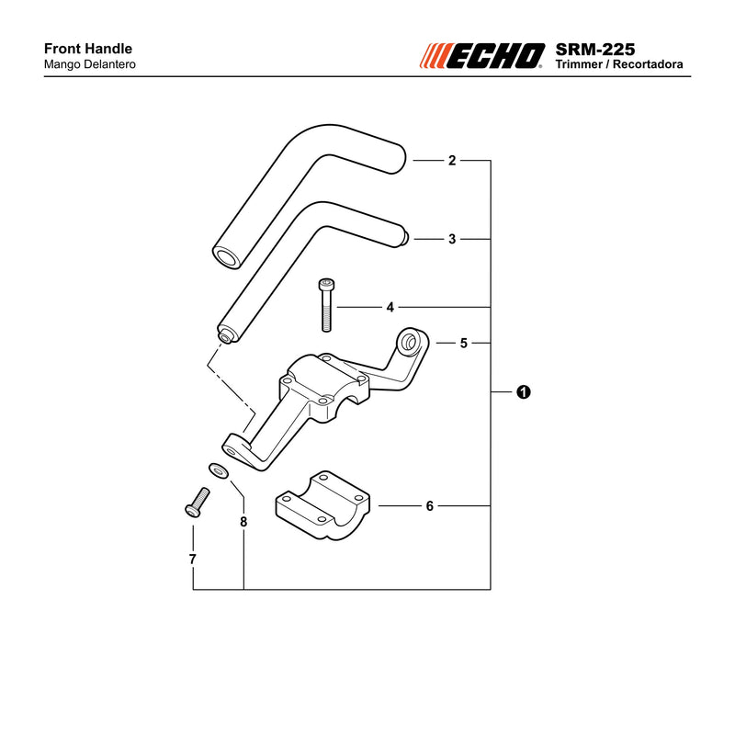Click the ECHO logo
click(481, 56)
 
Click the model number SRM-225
click(594, 50)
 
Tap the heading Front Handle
click(88, 49)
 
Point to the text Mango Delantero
click(89, 64)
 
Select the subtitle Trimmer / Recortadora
click(618, 64)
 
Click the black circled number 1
click(523, 392)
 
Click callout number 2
click(452, 160)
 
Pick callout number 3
click(452, 239)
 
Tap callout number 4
click(390, 308)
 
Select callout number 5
click(464, 343)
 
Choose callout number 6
click(429, 506)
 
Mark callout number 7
click(192, 560)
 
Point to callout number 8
click(243, 522)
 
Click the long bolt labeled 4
click(326, 305)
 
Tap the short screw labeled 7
click(198, 502)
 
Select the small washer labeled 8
click(219, 470)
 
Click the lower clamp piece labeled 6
click(322, 505)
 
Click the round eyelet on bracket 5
click(410, 342)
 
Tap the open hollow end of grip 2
click(226, 257)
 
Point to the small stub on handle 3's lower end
click(226, 336)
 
